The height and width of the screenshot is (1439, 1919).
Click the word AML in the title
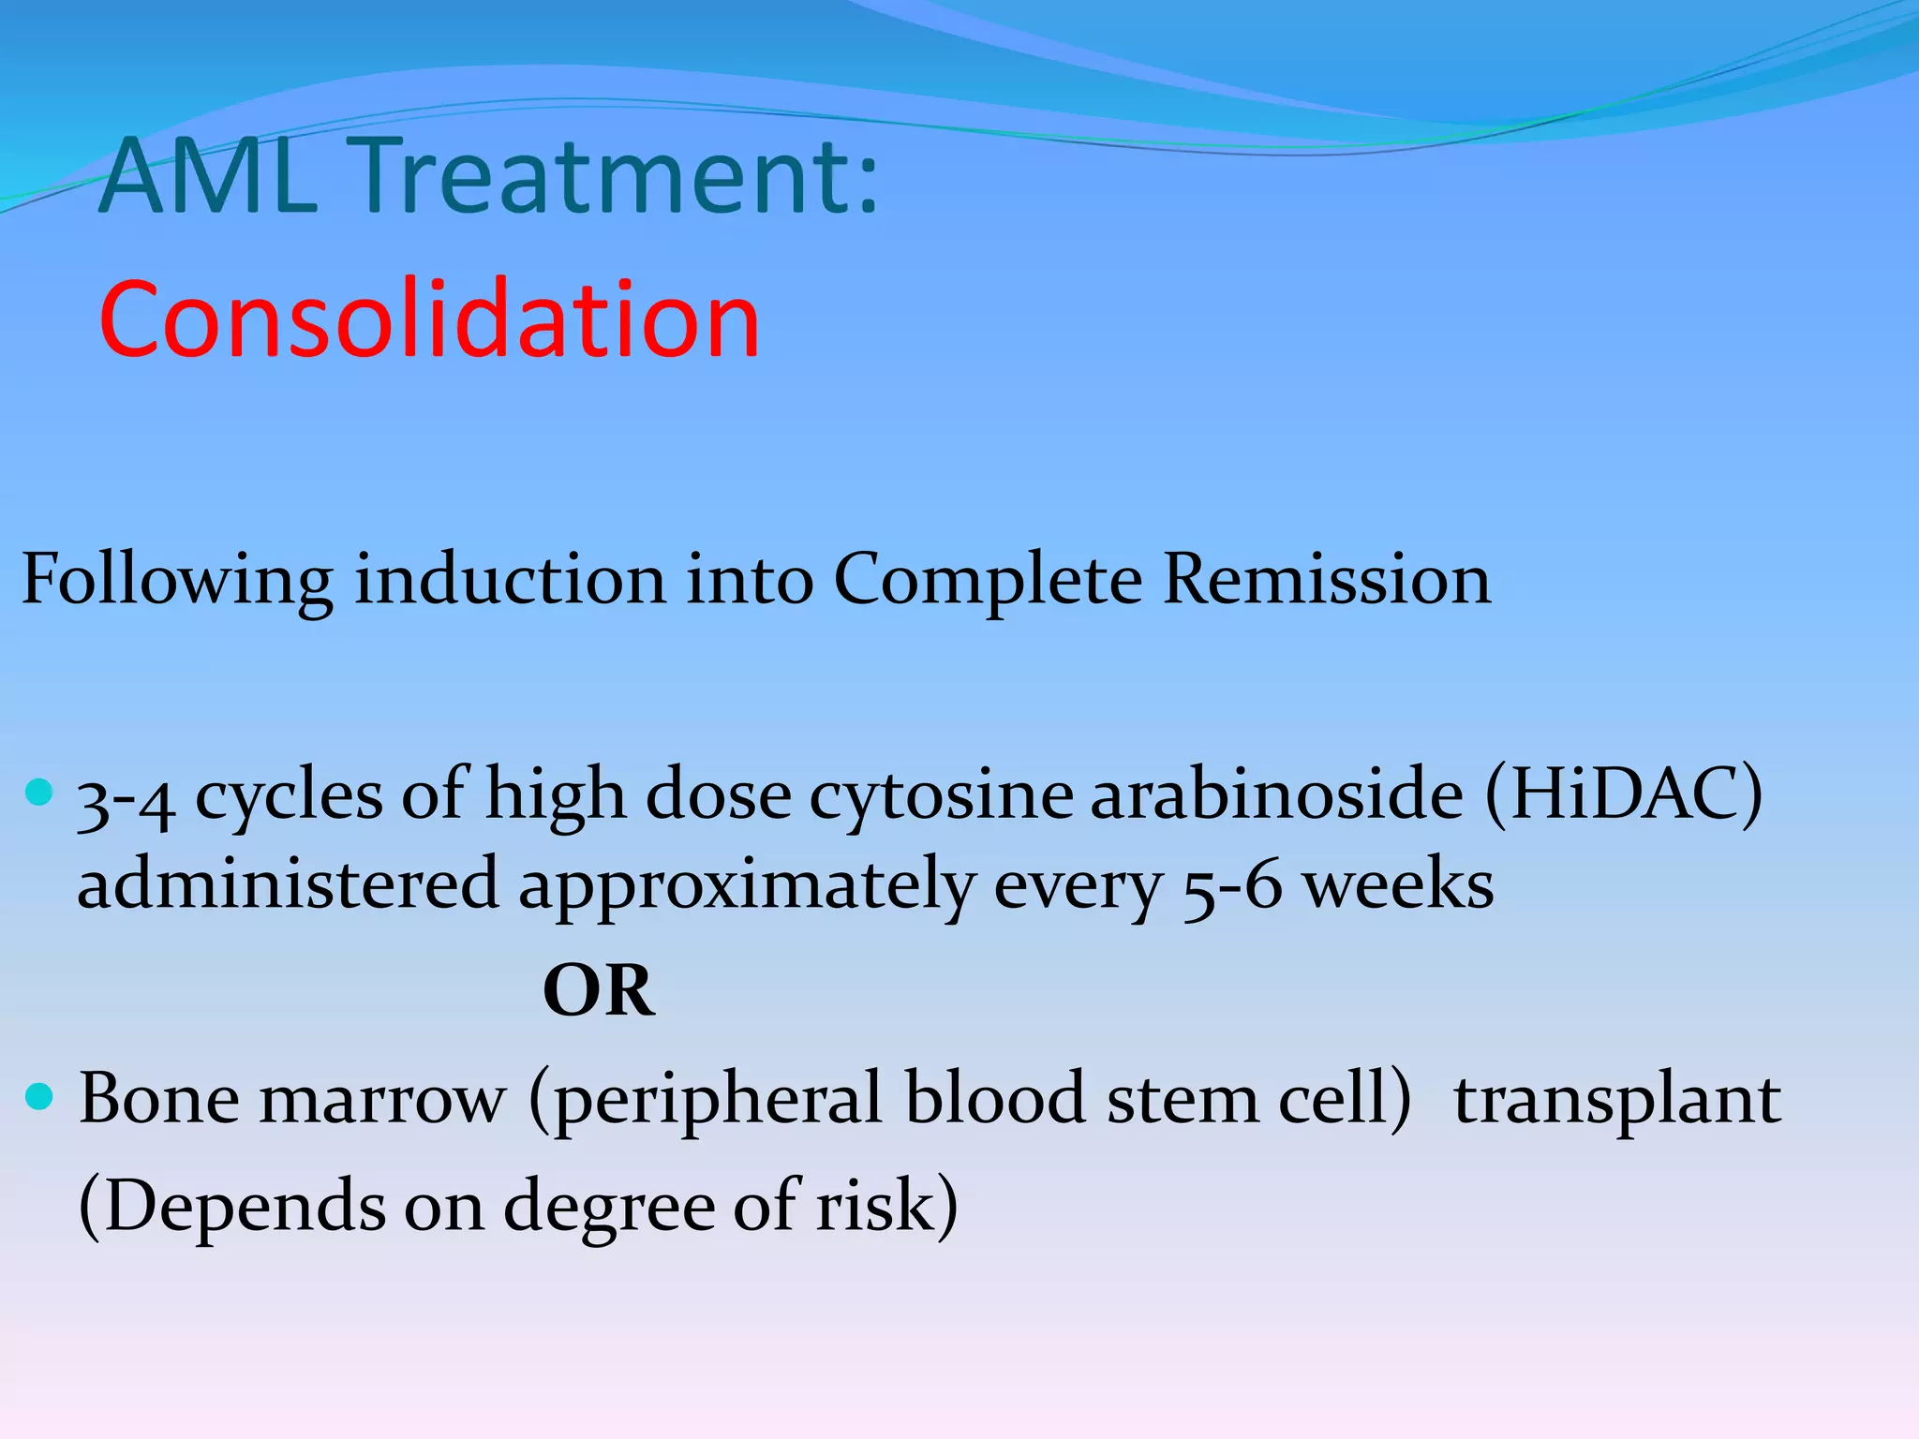point(208,175)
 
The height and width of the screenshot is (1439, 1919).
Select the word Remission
point(1326,580)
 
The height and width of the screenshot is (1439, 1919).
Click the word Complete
point(987,580)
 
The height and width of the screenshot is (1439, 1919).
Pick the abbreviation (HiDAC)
point(1623,794)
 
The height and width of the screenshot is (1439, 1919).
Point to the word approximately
point(746,886)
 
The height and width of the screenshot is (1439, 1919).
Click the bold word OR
point(599,991)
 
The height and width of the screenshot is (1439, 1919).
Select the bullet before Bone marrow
point(39,1095)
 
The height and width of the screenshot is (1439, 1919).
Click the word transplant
point(1616,1100)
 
